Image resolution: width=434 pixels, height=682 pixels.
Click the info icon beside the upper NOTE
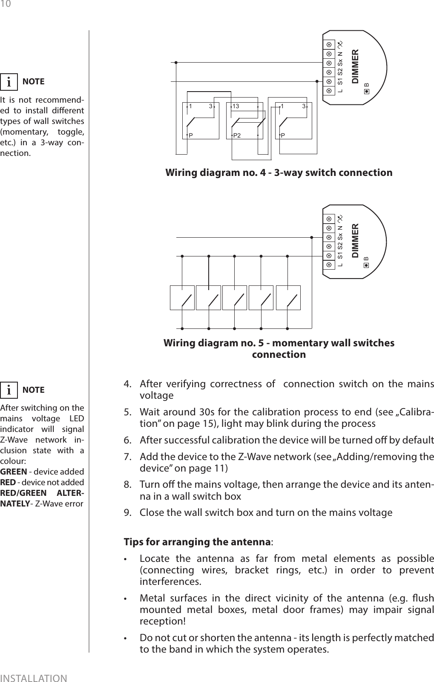pyautogui.click(x=9, y=82)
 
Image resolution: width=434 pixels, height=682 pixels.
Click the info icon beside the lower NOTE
pyautogui.click(x=9, y=390)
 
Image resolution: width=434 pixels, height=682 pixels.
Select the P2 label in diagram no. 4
pyautogui.click(x=236, y=135)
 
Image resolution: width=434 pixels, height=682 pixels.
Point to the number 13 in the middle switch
pyautogui.click(x=236, y=106)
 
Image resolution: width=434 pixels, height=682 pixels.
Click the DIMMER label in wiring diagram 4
pyautogui.click(x=356, y=67)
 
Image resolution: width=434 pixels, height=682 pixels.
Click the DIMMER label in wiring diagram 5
pyautogui.click(x=356, y=241)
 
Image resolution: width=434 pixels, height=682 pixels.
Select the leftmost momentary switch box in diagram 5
pyautogui.click(x=182, y=298)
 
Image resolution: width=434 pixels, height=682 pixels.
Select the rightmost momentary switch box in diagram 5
pyautogui.click(x=288, y=298)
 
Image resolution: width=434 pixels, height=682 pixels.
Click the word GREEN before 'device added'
pyautogui.click(x=14, y=472)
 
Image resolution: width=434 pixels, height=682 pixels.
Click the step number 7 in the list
pyautogui.click(x=126, y=457)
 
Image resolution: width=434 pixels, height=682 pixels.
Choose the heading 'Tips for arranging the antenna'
pyautogui.click(x=198, y=542)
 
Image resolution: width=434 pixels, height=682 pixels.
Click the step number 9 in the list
pyautogui.click(x=126, y=512)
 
